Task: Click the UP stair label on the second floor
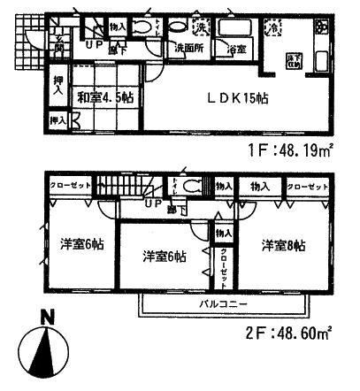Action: pyautogui.click(x=153, y=202)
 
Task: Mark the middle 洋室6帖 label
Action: pyautogui.click(x=165, y=257)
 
